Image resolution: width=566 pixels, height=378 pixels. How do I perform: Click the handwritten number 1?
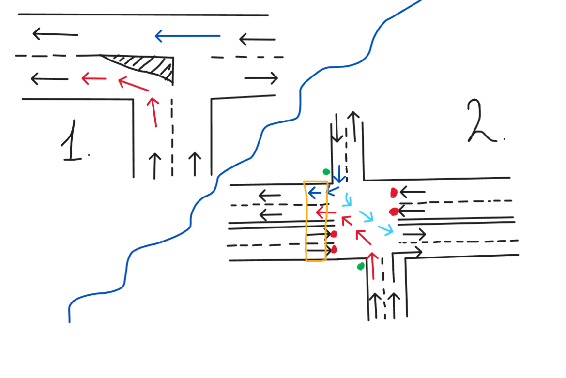[x=73, y=141]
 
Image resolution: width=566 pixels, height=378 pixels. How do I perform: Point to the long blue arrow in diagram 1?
[x=187, y=36]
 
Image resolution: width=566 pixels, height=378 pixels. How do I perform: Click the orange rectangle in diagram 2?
[x=306, y=221]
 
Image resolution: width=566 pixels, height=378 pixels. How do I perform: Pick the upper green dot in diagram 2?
[x=326, y=172]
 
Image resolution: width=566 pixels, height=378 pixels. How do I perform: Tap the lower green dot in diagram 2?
[x=361, y=267]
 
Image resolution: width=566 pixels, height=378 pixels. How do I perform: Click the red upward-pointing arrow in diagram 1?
[x=153, y=112]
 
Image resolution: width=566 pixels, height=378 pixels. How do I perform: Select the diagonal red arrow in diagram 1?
[x=133, y=84]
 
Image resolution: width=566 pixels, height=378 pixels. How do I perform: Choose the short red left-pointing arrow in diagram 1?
[x=94, y=78]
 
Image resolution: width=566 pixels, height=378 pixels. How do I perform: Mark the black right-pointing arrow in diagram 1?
[x=261, y=78]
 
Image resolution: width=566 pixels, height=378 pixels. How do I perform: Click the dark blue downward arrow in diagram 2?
[x=339, y=174]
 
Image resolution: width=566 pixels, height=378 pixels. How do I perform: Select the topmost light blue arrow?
[x=348, y=199]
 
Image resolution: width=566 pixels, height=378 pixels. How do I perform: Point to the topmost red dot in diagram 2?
[x=394, y=193]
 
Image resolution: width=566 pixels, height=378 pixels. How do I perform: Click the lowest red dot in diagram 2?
[x=334, y=249]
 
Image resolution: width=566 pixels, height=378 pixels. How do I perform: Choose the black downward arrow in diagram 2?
[x=337, y=128]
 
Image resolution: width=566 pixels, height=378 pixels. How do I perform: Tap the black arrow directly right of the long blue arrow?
[x=258, y=39]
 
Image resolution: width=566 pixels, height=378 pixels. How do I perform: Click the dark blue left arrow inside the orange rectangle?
[x=315, y=193]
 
